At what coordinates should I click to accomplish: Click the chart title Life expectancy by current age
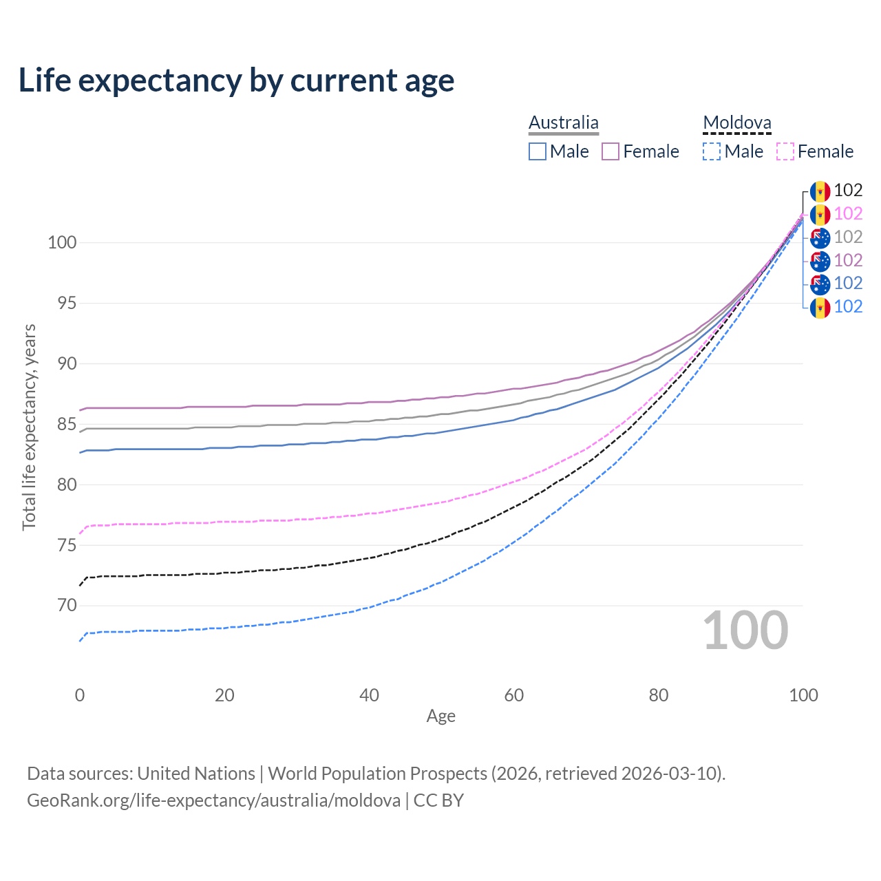pos(236,81)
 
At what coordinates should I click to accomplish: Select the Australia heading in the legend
pos(564,123)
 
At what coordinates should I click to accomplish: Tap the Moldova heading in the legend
pos(737,123)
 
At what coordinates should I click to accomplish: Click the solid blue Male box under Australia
pos(538,151)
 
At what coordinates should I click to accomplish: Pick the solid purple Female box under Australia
pos(611,151)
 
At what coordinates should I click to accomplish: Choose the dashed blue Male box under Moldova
pos(712,151)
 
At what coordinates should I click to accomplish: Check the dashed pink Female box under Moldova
pos(785,151)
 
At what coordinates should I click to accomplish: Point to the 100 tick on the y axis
pos(62,243)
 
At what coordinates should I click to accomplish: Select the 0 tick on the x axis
pos(80,695)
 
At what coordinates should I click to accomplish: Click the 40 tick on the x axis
pos(370,695)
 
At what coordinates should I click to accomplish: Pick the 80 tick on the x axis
pos(659,695)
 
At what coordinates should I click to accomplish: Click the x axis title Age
pos(441,717)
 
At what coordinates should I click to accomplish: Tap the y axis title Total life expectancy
pos(29,427)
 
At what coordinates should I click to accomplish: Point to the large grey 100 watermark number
pos(745,630)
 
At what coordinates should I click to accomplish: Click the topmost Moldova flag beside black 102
pos(820,191)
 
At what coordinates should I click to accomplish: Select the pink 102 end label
pos(849,214)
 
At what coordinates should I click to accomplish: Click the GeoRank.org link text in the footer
pos(213,800)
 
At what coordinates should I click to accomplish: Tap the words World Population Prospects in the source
pos(377,774)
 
